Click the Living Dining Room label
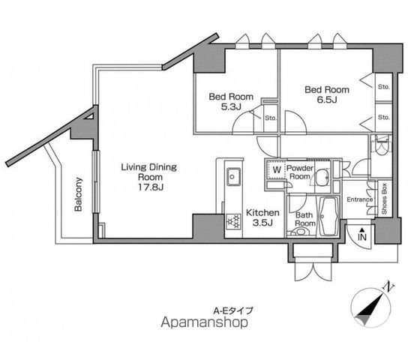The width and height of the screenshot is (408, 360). [149, 172]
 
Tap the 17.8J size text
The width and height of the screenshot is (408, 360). [151, 187]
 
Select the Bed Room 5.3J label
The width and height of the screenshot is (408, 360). [231, 101]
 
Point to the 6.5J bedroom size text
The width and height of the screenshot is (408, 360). [327, 100]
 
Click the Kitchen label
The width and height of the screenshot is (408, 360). [262, 213]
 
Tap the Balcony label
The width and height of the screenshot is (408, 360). [78, 194]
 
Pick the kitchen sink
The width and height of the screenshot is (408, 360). [233, 176]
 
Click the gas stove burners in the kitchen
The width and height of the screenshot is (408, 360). [234, 221]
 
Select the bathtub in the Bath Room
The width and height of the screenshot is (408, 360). [329, 217]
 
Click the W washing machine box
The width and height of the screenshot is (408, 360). [276, 169]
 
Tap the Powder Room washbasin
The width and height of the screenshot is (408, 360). [322, 178]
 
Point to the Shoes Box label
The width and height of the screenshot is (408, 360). [384, 199]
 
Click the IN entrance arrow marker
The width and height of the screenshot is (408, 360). [362, 234]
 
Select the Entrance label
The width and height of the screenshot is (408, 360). [360, 199]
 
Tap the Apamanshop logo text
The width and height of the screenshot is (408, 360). [204, 322]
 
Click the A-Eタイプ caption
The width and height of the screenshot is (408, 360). [233, 310]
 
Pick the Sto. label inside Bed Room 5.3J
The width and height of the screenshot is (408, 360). [271, 118]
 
